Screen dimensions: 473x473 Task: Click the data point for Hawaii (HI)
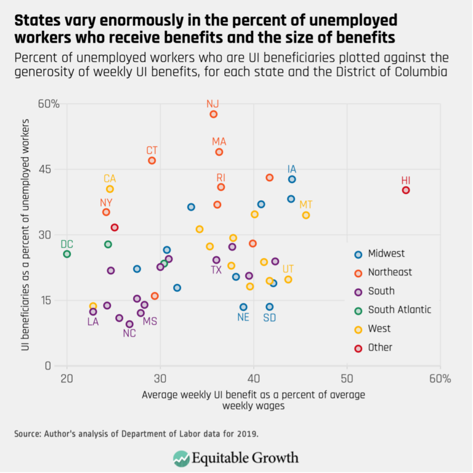tap(406, 190)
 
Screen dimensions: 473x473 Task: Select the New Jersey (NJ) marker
tap(213, 115)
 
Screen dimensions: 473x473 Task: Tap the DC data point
tap(67, 254)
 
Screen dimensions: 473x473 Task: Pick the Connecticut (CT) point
tap(152, 161)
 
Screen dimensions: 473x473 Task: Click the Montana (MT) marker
tap(306, 215)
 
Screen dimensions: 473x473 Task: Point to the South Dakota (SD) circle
tap(269, 307)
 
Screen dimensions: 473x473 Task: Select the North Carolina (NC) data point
tap(129, 324)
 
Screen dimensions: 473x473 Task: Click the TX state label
tap(216, 270)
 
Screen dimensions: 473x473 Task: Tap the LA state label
tap(93, 321)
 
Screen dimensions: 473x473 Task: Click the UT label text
tap(288, 269)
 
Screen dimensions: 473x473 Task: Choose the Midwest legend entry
tap(386, 253)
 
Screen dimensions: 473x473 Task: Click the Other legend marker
tap(358, 347)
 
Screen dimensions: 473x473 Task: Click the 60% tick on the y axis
tap(49, 104)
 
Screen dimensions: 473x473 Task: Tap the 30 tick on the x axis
tap(160, 378)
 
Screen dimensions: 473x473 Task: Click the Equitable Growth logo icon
tap(182, 458)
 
